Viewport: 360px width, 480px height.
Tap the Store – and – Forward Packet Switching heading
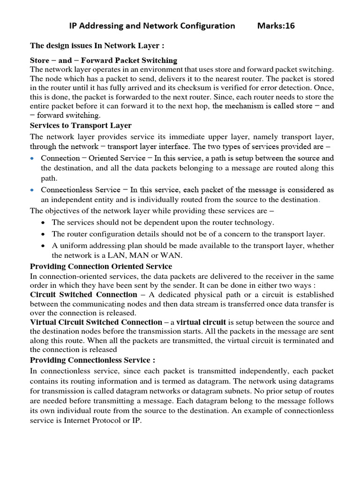tap(104, 60)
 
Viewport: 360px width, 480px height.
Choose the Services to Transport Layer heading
tap(81, 125)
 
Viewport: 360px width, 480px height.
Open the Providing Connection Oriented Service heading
tap(101, 266)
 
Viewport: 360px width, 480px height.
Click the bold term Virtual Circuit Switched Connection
tap(96, 322)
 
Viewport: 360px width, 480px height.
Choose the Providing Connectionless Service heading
tap(92, 360)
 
